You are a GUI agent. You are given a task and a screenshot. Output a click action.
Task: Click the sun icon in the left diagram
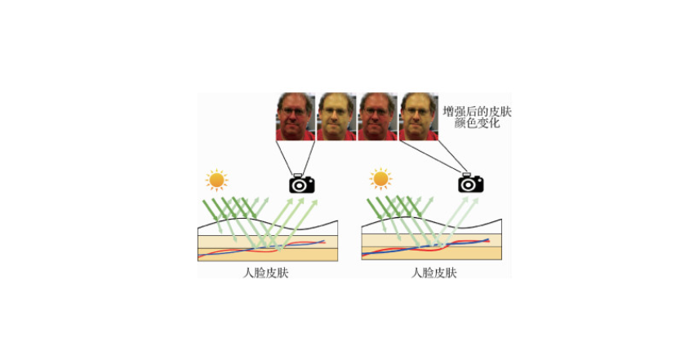click(x=216, y=180)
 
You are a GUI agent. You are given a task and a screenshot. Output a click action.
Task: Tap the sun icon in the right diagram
click(x=380, y=180)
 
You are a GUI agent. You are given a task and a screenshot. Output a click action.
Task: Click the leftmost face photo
click(x=296, y=116)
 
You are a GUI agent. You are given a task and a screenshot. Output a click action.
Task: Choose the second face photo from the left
click(x=336, y=116)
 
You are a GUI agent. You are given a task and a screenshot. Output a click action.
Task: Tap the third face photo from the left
click(x=377, y=116)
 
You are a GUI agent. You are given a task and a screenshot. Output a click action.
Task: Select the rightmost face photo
click(x=418, y=116)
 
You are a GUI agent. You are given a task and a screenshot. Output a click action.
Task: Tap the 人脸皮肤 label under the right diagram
click(x=434, y=273)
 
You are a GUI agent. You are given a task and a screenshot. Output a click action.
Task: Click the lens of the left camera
click(x=301, y=185)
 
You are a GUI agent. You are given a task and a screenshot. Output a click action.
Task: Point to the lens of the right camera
click(x=470, y=185)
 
